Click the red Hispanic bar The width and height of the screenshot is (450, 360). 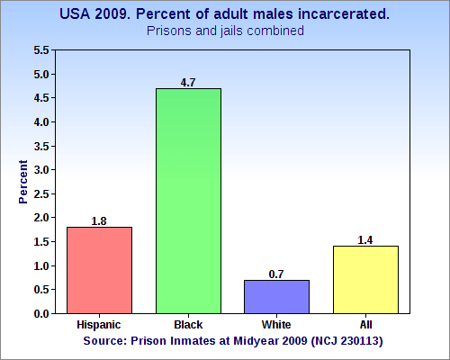coord(99,270)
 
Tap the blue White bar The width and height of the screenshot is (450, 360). coord(276,296)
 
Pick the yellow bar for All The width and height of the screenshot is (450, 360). coord(365,279)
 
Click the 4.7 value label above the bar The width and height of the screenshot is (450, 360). coord(188,83)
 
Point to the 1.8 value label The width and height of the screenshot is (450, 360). coord(99,220)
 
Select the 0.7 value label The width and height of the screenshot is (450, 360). coord(276,274)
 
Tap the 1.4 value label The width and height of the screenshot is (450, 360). coord(365,240)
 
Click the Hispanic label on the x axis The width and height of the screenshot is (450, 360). coord(99,321)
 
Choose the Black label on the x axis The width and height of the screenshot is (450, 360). coord(188,321)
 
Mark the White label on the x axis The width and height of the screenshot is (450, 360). coord(276,321)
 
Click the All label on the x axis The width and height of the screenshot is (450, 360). coord(365,321)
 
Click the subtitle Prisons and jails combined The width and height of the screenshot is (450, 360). coord(225,31)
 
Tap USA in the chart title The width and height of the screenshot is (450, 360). coord(76,14)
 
